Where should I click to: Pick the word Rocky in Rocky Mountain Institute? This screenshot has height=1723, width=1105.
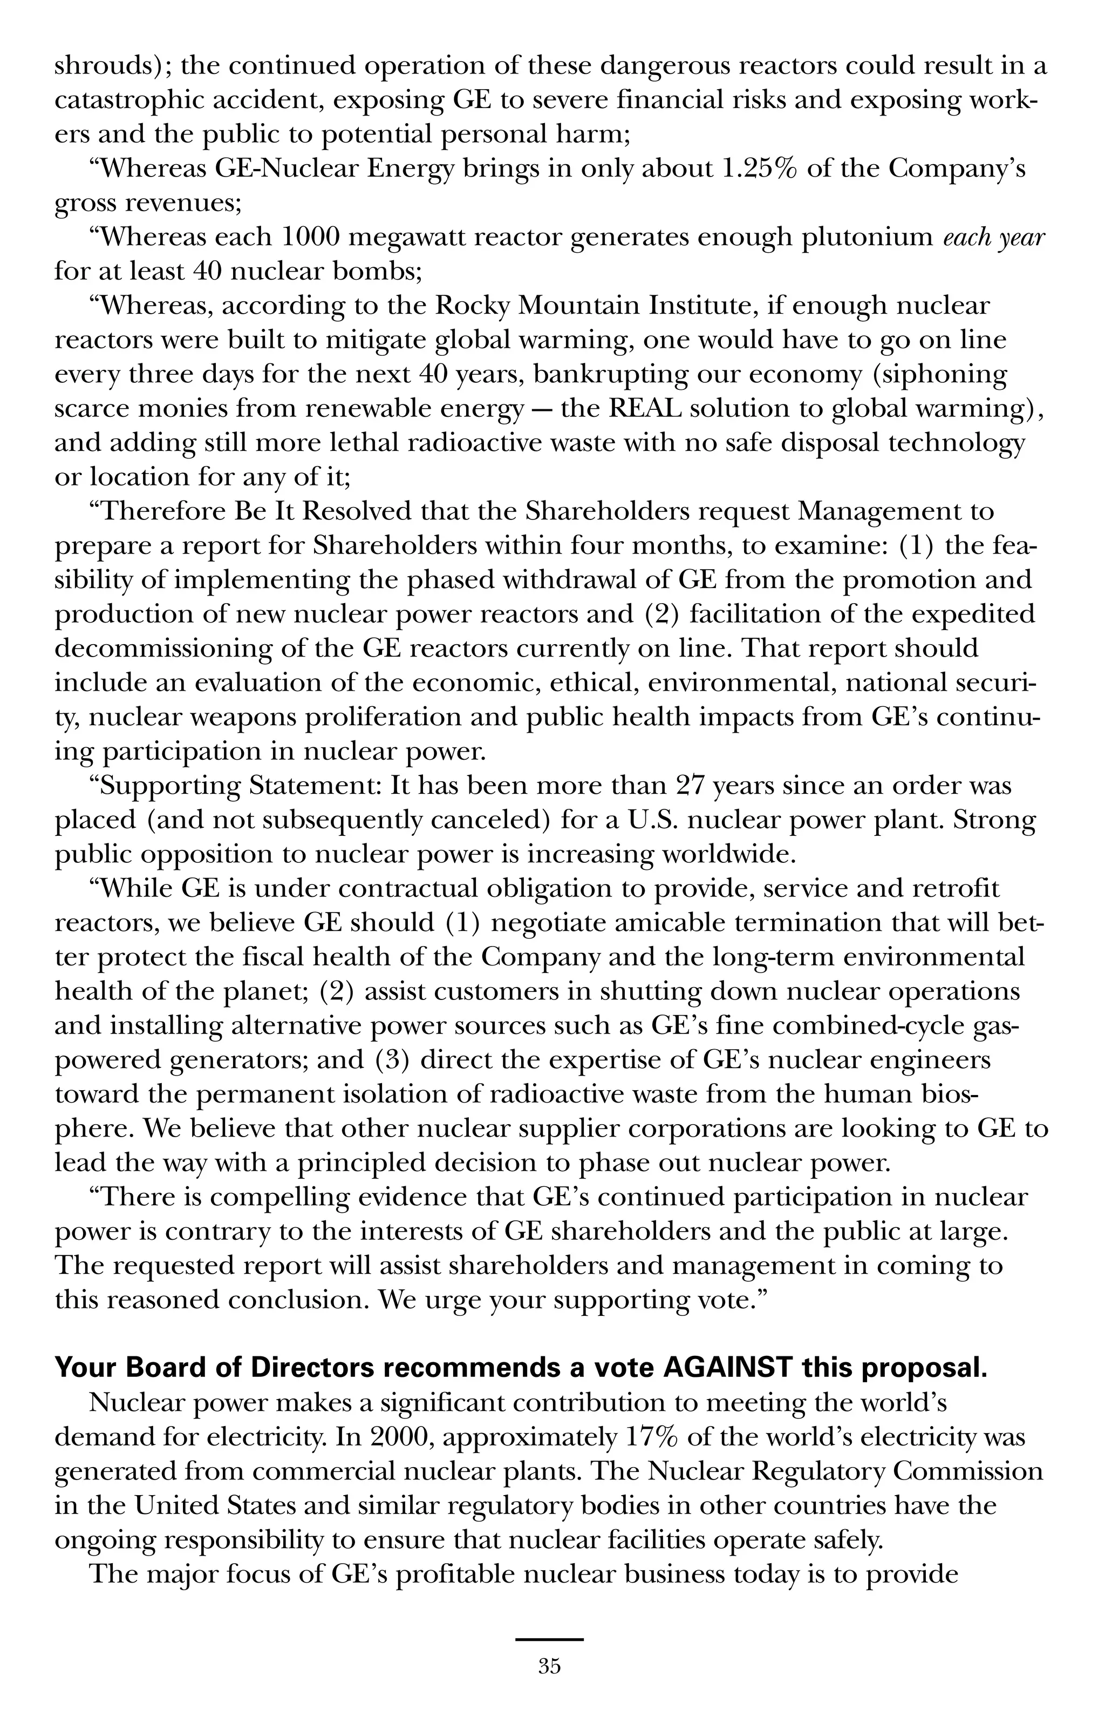pyautogui.click(x=473, y=307)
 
